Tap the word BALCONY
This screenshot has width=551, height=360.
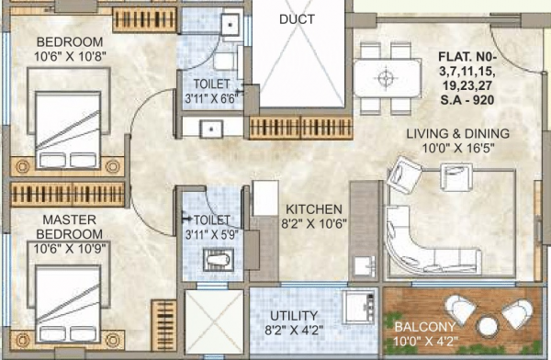click(423, 327)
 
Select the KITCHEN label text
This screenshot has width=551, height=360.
click(314, 209)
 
